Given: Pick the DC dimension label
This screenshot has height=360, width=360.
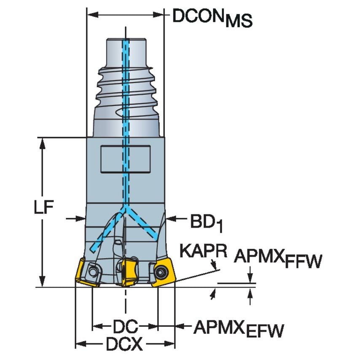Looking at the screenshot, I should (x=125, y=326).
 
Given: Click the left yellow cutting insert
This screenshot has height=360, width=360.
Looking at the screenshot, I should (x=89, y=274).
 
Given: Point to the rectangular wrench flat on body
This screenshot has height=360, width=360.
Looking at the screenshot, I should (x=125, y=159).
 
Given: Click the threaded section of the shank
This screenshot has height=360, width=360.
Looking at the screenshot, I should (x=125, y=91).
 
